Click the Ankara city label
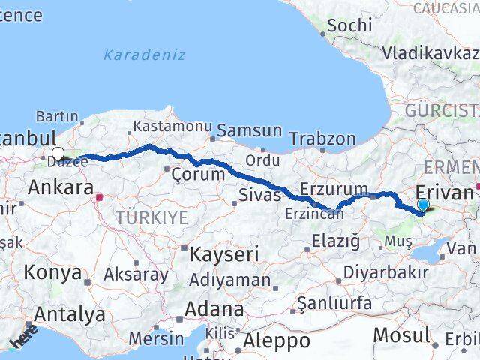point(60,187)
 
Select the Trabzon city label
point(322,139)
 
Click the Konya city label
point(52,272)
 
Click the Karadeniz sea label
point(144,55)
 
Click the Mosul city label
point(401,334)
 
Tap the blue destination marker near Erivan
point(423,205)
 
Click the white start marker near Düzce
point(58,154)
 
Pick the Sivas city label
point(260,196)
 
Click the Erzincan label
point(314,214)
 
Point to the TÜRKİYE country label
point(151,217)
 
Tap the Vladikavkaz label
point(430,53)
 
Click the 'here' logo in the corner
point(24,336)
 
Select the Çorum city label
point(198,174)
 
